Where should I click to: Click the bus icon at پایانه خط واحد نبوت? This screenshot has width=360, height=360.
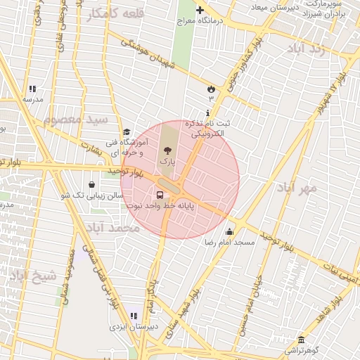tap(160, 195)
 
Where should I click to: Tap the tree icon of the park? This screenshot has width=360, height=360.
tap(167, 149)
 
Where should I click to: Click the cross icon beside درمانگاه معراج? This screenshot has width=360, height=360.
tap(200, 11)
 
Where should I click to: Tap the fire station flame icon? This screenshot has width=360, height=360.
tap(210, 88)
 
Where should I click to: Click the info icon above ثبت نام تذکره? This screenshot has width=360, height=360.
tap(207, 113)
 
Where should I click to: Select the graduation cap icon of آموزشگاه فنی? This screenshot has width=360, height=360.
tap(127, 131)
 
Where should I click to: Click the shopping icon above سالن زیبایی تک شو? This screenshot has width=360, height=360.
tap(92, 185)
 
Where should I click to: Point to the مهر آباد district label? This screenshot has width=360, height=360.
tap(297, 188)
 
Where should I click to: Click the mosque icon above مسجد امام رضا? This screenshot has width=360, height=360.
tap(229, 232)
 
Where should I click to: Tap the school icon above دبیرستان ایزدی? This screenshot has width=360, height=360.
tap(134, 316)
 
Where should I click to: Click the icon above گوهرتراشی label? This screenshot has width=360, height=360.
tap(301, 340)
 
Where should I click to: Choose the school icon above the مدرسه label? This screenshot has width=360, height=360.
tap(32, 89)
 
